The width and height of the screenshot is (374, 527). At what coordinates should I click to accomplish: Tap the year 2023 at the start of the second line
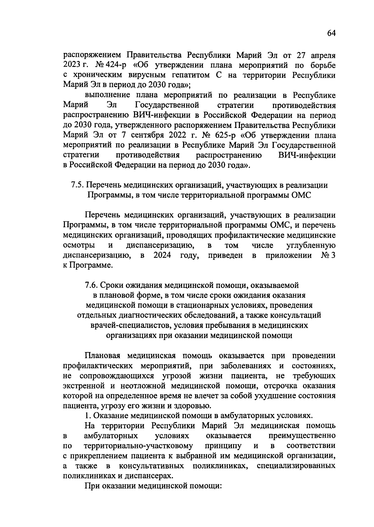click(x=72, y=65)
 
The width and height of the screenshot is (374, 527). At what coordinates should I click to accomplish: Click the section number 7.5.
click(x=77, y=185)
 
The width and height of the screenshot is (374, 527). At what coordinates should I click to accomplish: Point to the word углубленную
click(x=311, y=246)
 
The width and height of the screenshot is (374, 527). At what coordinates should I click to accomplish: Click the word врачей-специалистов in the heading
click(x=131, y=325)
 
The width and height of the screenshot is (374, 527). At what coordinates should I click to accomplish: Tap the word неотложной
click(x=139, y=386)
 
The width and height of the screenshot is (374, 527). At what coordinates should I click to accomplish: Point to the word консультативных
click(x=151, y=466)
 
